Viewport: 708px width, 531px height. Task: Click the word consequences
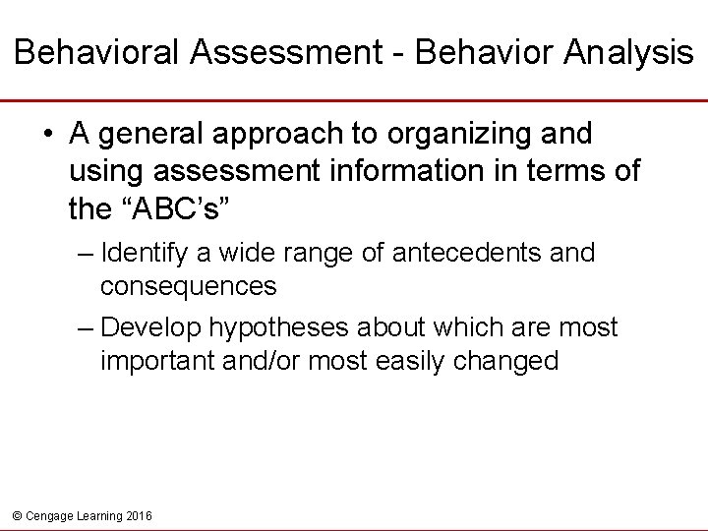point(188,288)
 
